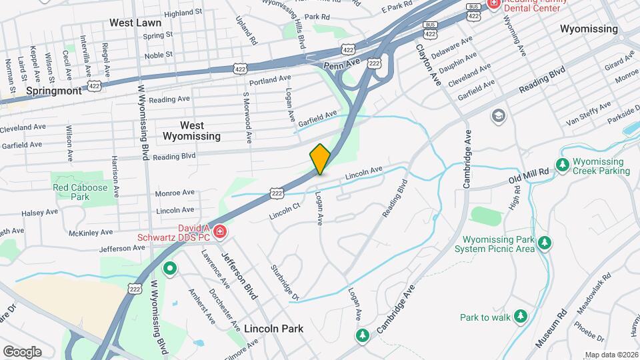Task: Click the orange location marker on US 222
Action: [x=320, y=159]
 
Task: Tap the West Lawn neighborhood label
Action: [x=135, y=23]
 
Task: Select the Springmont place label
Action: [x=54, y=90]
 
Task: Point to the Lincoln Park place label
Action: [x=273, y=329]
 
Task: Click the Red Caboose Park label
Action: [x=81, y=193]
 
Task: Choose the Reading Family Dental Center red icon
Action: [x=493, y=3]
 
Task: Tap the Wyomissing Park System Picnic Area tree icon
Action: [x=545, y=243]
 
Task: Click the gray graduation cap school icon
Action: [x=498, y=117]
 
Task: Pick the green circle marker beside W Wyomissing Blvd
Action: [x=170, y=269]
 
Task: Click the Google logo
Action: [x=22, y=351]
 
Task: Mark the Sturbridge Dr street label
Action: [x=285, y=283]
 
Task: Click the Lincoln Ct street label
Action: [x=286, y=211]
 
